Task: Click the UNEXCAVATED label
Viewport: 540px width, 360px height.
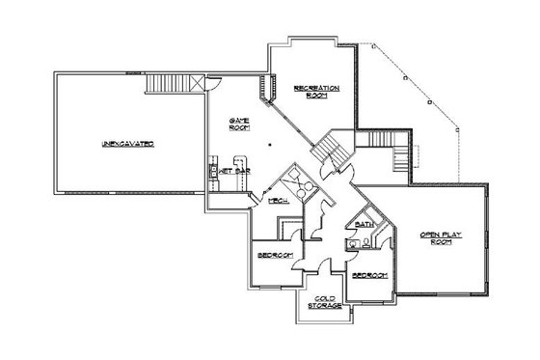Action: click(x=127, y=143)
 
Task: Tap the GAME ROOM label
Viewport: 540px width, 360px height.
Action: click(x=238, y=125)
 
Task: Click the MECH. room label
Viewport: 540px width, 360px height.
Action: click(x=279, y=201)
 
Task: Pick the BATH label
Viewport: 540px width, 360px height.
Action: click(x=364, y=224)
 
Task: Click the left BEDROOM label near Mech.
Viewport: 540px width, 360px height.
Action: click(x=274, y=254)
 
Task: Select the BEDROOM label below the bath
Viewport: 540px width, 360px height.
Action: click(x=368, y=275)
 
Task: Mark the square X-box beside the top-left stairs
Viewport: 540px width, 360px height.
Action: click(x=199, y=85)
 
